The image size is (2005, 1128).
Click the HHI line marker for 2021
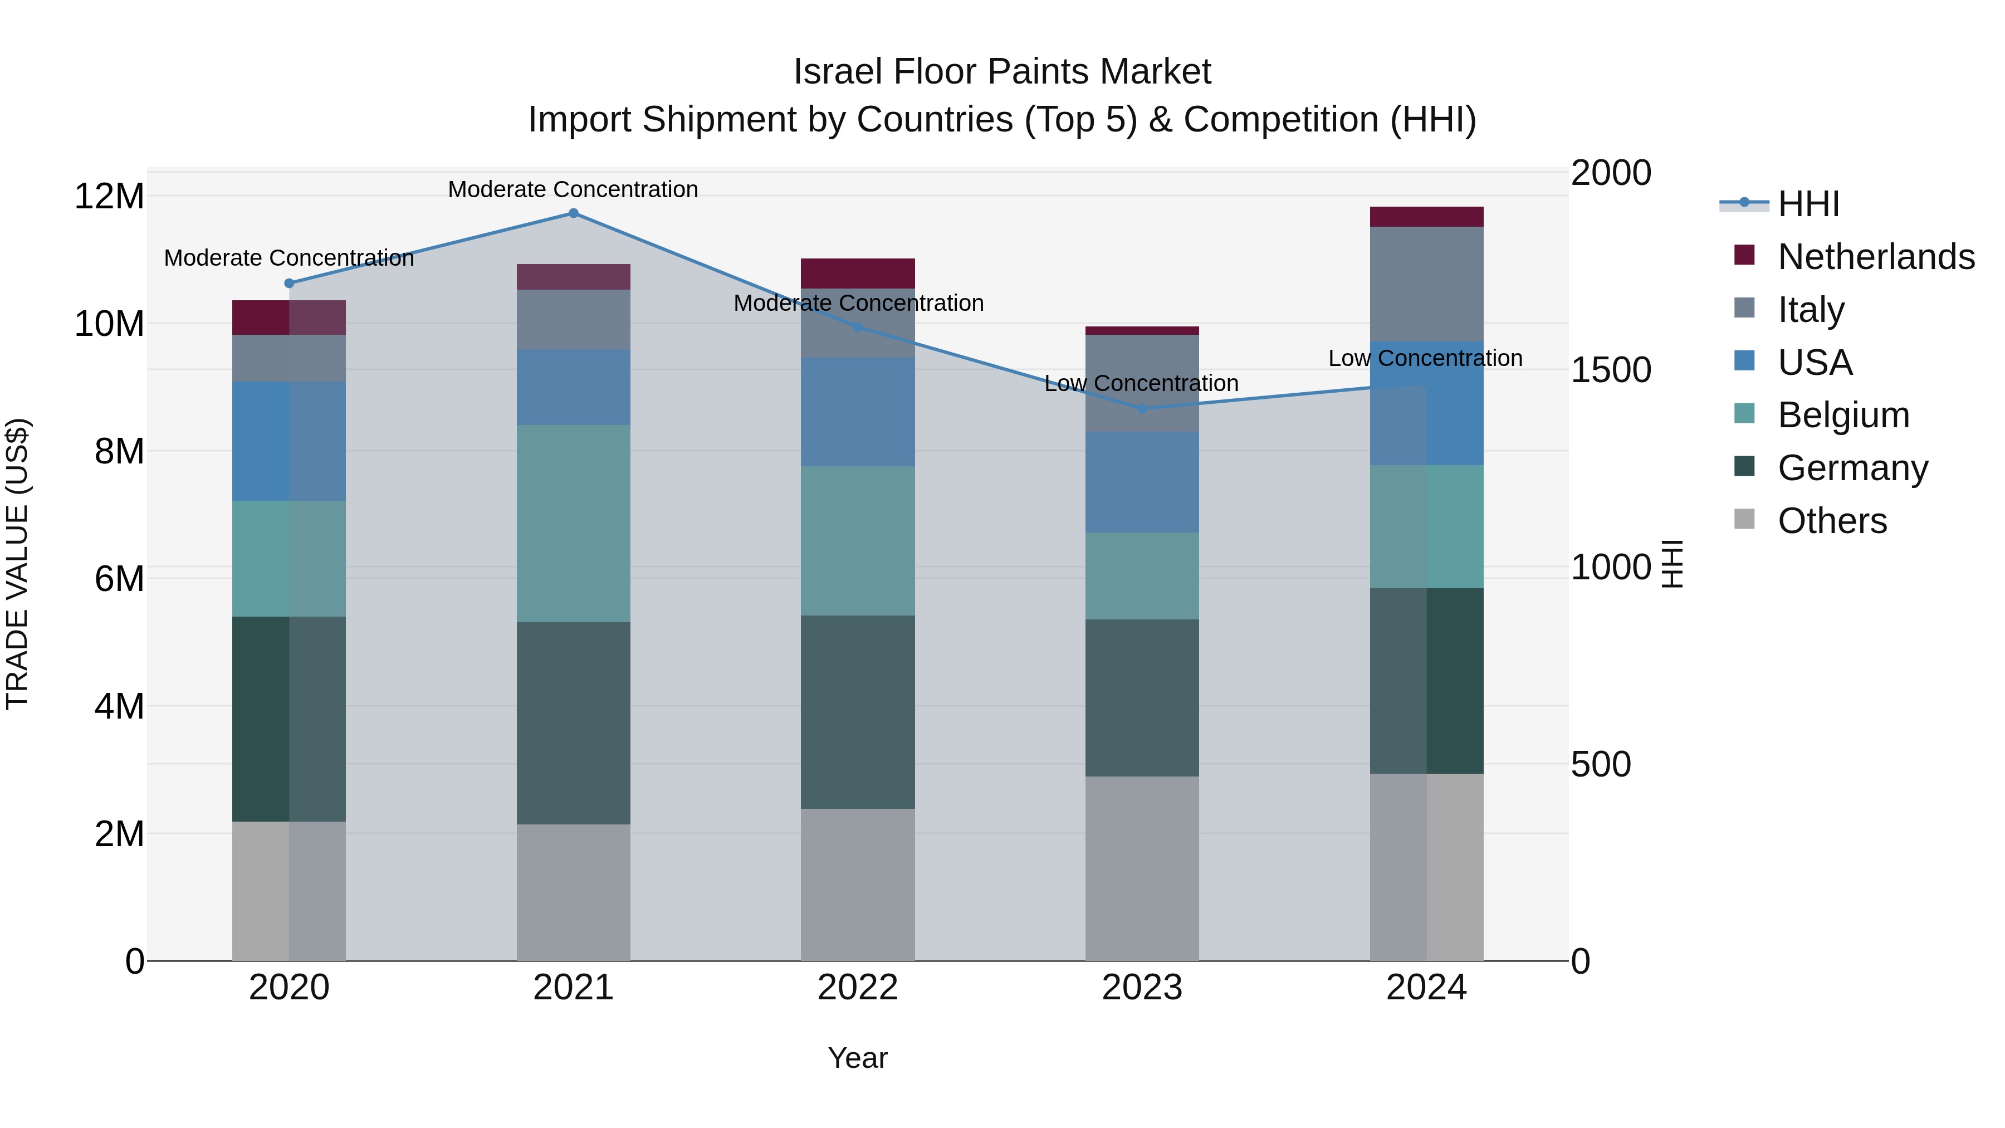click(x=573, y=213)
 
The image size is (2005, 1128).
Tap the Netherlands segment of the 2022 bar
click(x=858, y=274)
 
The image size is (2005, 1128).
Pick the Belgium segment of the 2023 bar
click(x=1142, y=575)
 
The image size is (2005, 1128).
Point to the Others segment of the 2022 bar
click(x=858, y=885)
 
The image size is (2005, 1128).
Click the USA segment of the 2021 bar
click(x=573, y=387)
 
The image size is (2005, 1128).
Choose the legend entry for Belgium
click(x=1843, y=415)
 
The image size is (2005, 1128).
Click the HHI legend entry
click(x=1808, y=204)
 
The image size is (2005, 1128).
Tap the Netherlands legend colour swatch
click(x=1744, y=255)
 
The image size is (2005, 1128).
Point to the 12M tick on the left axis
click(x=109, y=196)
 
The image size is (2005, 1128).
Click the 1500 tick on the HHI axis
click(x=1610, y=370)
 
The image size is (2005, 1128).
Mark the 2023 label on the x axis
click(x=1142, y=988)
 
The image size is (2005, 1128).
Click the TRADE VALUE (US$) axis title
click(x=17, y=564)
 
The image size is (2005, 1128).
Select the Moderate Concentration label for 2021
click(x=573, y=189)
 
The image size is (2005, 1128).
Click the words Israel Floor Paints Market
click(x=1002, y=72)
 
